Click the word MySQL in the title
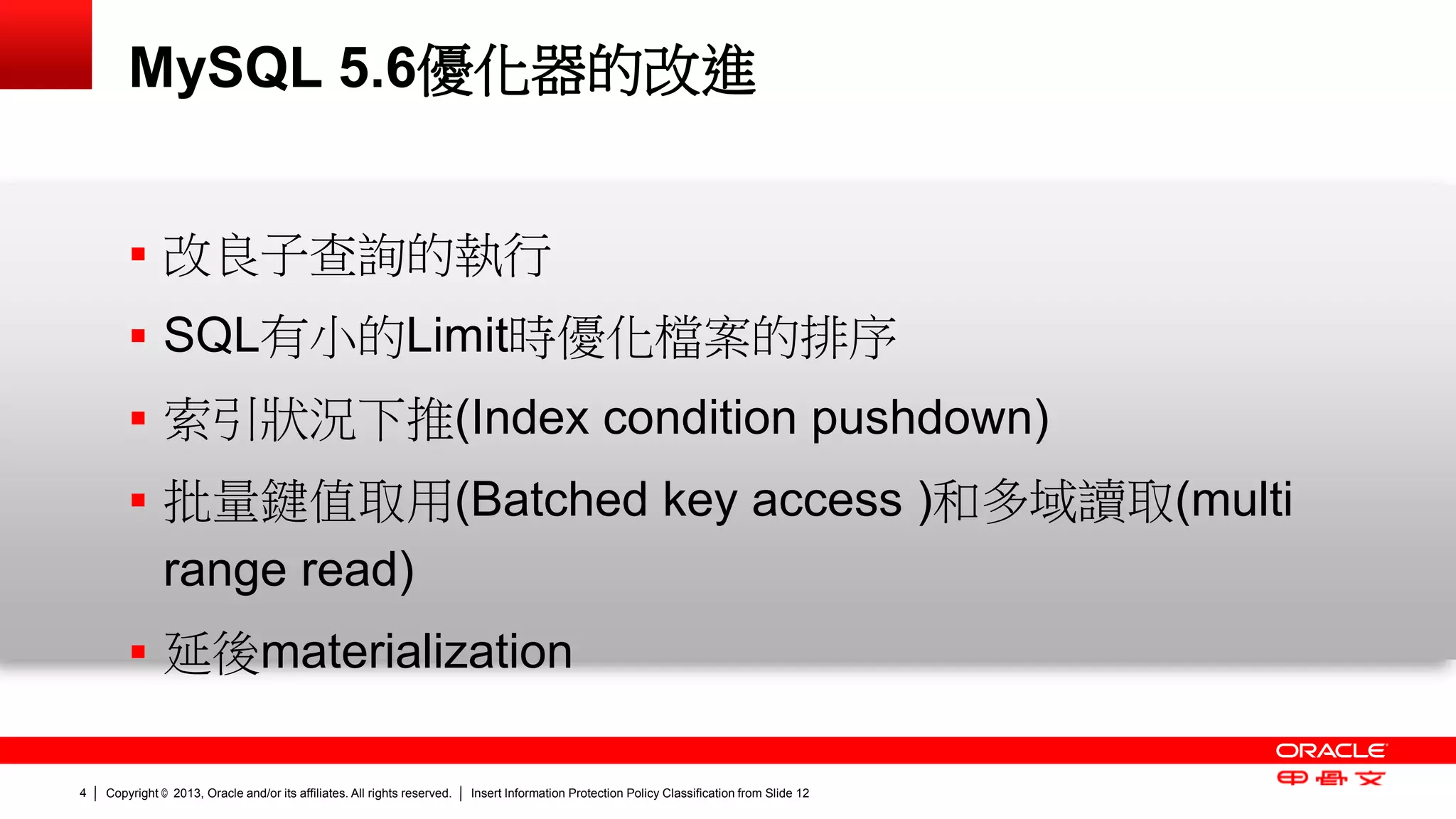click(225, 69)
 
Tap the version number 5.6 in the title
click(377, 69)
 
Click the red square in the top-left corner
click(45, 44)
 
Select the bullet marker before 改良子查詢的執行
click(138, 255)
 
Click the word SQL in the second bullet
click(211, 336)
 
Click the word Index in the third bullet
click(530, 417)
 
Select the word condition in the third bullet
click(700, 417)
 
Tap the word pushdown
click(922, 417)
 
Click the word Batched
click(559, 499)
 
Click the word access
click(827, 500)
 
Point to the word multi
click(1241, 499)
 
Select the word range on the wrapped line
click(225, 571)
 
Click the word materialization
click(417, 652)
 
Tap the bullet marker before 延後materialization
click(138, 652)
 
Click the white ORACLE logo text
click(1331, 751)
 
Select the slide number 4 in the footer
click(82, 793)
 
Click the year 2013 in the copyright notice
click(187, 793)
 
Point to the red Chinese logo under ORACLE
click(1331, 778)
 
